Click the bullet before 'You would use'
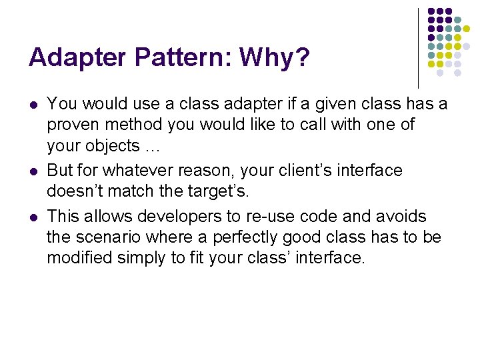click(x=33, y=105)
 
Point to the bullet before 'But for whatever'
click(x=33, y=171)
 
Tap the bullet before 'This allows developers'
click(x=33, y=216)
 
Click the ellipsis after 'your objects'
click(x=152, y=146)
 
